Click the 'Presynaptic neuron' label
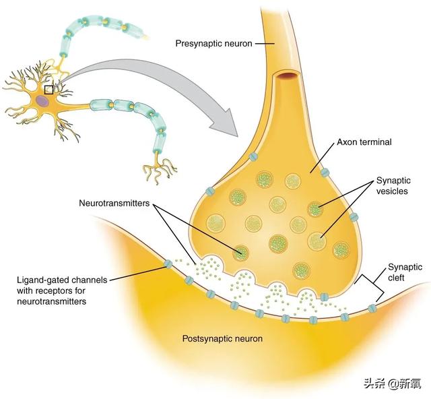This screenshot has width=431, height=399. point(213,44)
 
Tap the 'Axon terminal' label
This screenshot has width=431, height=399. point(364,142)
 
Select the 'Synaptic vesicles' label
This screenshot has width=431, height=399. point(393,186)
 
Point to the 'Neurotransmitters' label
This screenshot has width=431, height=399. point(114,203)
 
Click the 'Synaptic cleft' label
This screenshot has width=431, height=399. point(405,272)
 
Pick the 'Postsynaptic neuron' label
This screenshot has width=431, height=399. point(222,338)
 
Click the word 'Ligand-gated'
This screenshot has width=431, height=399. point(42,280)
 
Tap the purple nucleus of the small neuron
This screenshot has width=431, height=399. point(43,100)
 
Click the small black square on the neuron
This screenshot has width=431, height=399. point(48,90)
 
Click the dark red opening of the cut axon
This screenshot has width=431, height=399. point(288,75)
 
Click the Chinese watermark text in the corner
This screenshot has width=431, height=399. point(392,383)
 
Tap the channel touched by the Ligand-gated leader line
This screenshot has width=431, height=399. point(168,264)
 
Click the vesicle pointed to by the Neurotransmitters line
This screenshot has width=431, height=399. point(241,253)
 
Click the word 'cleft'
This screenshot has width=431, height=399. point(396,278)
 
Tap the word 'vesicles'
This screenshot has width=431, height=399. point(392,191)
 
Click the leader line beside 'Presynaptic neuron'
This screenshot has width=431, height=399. point(265,44)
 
